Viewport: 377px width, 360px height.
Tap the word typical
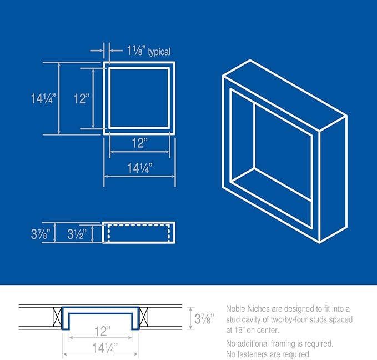[159, 52]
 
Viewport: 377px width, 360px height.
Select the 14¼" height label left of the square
[42, 99]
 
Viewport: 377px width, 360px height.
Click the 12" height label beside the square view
[81, 99]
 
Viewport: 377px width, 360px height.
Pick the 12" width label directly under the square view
[139, 143]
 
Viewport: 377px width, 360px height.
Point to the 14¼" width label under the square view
[139, 167]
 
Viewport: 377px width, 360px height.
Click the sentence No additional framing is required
[279, 344]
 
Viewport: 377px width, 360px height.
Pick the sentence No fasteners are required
[268, 354]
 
